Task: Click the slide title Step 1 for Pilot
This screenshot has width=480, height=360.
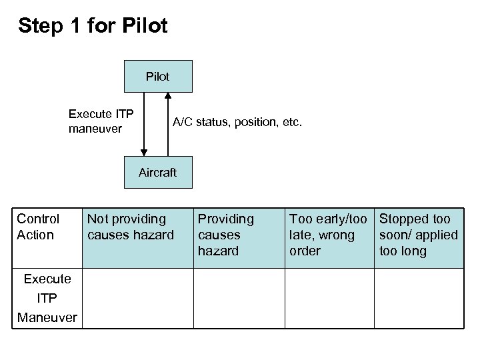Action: point(93,26)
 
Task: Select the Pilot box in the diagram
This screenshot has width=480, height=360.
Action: point(158,76)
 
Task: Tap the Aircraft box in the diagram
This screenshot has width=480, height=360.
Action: point(158,173)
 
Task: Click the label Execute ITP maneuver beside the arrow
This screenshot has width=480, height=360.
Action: point(101,121)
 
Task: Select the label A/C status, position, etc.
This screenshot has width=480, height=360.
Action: point(237,122)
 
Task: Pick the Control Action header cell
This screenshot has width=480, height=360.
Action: point(38,227)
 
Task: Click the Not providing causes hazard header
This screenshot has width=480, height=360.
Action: point(130,227)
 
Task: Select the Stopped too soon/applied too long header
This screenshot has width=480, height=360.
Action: point(418,235)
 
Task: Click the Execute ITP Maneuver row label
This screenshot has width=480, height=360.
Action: point(47,298)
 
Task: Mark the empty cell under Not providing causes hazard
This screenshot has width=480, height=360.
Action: point(137,298)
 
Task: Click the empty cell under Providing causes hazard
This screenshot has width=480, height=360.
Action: point(239,298)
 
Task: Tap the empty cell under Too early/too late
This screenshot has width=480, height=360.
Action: point(329,298)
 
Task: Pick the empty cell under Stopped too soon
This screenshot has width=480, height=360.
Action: point(419,298)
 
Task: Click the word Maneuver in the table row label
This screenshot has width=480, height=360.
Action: point(47,317)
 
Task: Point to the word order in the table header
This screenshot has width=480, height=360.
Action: point(305,251)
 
